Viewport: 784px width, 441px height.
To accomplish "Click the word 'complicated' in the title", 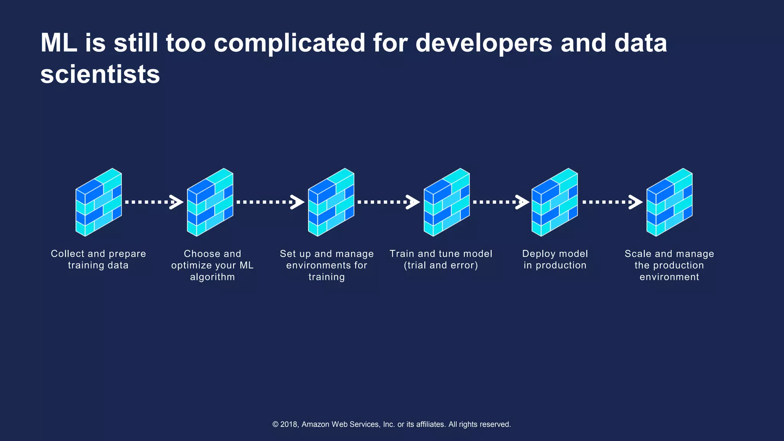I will (x=289, y=43).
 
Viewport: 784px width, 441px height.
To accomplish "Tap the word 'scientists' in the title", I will (x=100, y=74).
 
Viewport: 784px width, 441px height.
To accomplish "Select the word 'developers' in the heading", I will (x=484, y=43).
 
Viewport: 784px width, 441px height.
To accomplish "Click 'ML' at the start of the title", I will (x=58, y=43).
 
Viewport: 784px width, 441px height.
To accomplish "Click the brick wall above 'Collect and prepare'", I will (x=99, y=202).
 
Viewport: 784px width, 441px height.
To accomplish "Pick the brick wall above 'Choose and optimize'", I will (x=210, y=202).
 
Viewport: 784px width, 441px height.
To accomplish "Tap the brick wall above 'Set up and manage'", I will (x=331, y=202).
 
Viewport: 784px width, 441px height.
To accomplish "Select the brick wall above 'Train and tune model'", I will (x=446, y=202).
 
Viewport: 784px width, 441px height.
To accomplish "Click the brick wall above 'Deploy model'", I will (x=554, y=202).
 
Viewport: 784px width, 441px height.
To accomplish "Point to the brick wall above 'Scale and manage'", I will (x=670, y=202).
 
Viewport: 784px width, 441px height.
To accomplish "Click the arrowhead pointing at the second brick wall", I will (x=177, y=202).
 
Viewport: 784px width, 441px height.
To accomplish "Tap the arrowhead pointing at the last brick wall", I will (x=636, y=202).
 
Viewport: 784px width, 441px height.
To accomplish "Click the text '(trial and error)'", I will (x=441, y=265).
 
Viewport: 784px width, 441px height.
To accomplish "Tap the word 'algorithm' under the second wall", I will (x=212, y=277).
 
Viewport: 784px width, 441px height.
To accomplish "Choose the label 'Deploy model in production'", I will (x=555, y=260).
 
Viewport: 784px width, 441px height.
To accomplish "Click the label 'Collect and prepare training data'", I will (x=98, y=260).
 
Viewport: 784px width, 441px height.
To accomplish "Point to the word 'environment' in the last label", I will (x=669, y=277).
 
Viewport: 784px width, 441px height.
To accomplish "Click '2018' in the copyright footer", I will (x=289, y=424).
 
